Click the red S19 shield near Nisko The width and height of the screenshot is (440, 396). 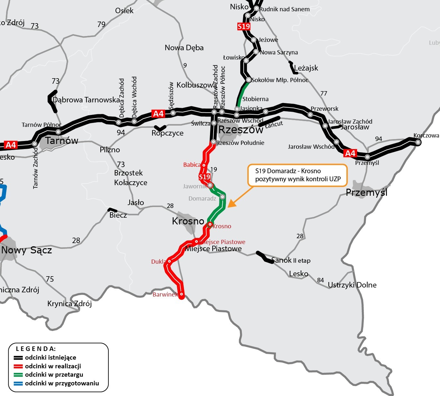coord(243,26)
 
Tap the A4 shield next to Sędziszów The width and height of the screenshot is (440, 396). coord(158,114)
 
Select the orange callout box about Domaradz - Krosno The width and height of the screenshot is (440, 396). coord(297,175)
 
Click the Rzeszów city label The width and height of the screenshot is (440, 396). coord(241,130)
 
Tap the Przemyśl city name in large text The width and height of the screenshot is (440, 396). coord(366,193)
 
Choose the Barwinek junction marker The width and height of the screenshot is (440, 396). coord(181,294)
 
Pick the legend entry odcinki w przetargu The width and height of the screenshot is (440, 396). coord(54,375)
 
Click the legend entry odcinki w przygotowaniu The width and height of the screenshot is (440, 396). coord(62,383)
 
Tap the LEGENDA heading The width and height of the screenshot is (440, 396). coord(36,349)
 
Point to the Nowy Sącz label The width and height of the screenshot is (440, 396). coord(27,250)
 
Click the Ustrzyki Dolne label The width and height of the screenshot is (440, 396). coord(352,285)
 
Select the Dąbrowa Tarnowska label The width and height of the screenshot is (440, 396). coord(86,100)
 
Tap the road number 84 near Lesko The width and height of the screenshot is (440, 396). coord(320,280)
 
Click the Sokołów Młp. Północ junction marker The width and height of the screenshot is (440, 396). coord(248,80)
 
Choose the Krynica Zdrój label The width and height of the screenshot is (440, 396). coord(69,304)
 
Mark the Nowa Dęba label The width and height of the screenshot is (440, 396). coord(184,48)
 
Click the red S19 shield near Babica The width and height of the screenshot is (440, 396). coord(204,177)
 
